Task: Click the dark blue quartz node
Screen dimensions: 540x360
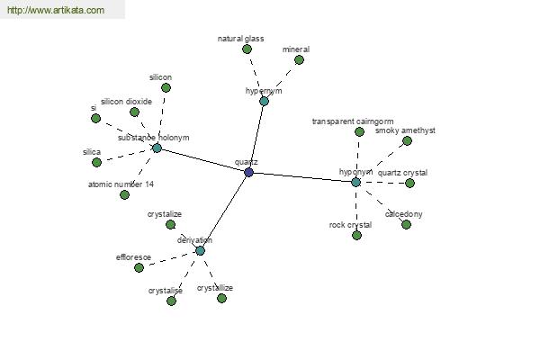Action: point(248,172)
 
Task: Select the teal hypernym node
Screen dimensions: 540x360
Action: point(264,102)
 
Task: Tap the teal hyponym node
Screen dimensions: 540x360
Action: point(356,182)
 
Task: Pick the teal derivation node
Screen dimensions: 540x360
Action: point(200,251)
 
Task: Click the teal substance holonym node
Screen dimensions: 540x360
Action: point(157,148)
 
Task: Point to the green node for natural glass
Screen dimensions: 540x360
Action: point(247,49)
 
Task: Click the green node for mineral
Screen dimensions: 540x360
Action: point(300,60)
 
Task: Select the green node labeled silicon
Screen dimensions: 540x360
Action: point(166,88)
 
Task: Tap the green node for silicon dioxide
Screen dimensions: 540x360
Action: point(135,112)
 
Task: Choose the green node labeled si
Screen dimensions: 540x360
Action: point(95,119)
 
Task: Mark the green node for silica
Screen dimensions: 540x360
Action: point(97,162)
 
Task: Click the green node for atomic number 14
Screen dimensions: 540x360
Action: point(125,195)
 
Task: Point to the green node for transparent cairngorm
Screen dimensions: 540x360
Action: point(359,131)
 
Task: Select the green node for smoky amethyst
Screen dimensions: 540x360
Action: point(408,141)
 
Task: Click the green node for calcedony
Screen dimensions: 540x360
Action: point(407,225)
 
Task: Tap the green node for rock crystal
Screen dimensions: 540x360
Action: point(357,236)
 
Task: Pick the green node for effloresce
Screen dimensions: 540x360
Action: point(139,267)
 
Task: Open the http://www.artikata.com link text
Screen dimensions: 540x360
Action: point(56,10)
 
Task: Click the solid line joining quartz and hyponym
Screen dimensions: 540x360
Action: point(302,177)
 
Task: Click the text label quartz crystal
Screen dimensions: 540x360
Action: point(402,173)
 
